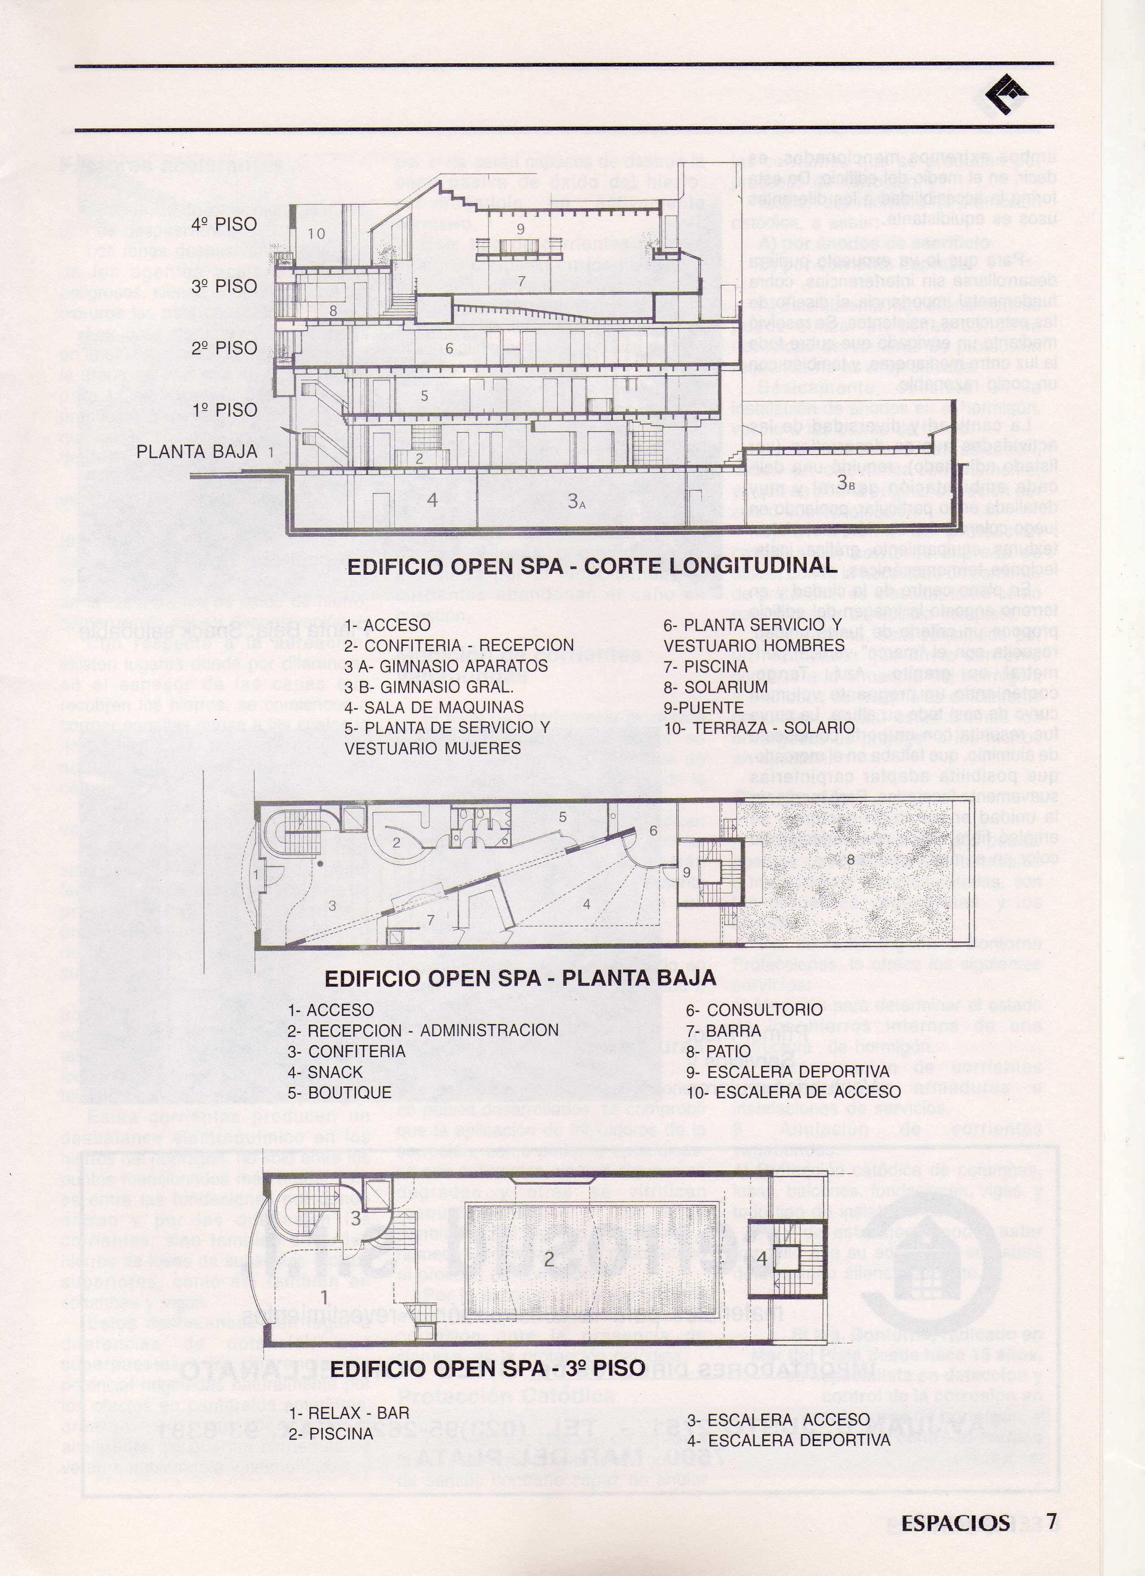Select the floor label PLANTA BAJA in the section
coord(197,452)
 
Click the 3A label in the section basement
coord(577,500)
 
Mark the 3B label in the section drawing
coord(846,481)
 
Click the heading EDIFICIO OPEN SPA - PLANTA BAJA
coord(520,978)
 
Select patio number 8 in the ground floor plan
coord(850,859)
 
